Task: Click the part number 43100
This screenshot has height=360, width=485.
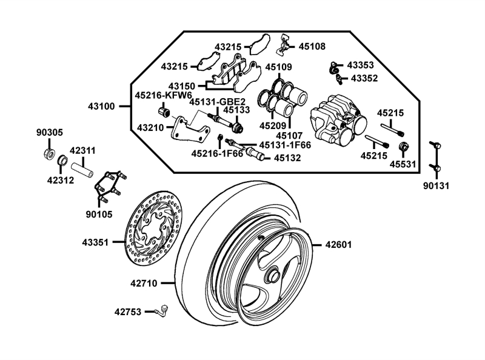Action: pyautogui.click(x=101, y=107)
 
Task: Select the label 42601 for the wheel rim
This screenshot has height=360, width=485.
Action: pyautogui.click(x=338, y=245)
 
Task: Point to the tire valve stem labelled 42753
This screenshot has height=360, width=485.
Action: pyautogui.click(x=162, y=310)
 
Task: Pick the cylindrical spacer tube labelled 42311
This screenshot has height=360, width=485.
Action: pyautogui.click(x=82, y=170)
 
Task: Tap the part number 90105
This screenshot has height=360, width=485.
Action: pyautogui.click(x=99, y=214)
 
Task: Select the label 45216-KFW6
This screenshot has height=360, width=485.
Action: pyautogui.click(x=163, y=96)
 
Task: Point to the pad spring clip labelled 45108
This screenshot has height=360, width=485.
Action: pyautogui.click(x=284, y=45)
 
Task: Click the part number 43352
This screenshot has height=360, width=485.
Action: pyautogui.click(x=364, y=78)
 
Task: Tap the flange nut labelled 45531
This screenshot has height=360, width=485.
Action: pyautogui.click(x=403, y=147)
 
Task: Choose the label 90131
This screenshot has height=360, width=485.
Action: pyautogui.click(x=436, y=186)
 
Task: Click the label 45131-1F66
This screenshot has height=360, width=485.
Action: pyautogui.click(x=285, y=145)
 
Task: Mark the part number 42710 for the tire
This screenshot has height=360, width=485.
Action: pyautogui.click(x=144, y=283)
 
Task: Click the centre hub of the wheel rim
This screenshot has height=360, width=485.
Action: pyautogui.click(x=273, y=274)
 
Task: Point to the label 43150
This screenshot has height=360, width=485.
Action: pyautogui.click(x=181, y=86)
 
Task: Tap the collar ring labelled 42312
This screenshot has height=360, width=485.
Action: pyautogui.click(x=63, y=161)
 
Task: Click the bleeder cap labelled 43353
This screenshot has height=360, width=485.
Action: pyautogui.click(x=333, y=68)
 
